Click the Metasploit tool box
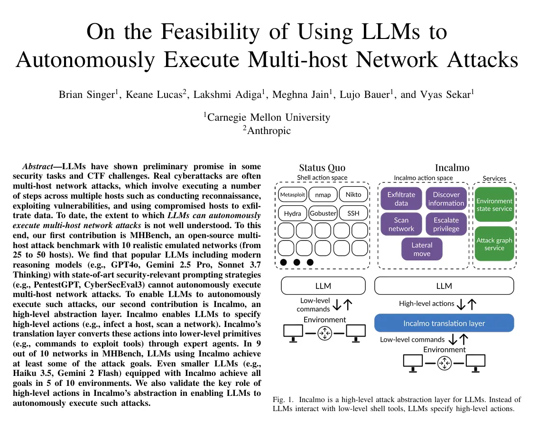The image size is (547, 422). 292,194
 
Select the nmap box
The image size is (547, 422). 323,194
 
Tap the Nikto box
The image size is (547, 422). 353,194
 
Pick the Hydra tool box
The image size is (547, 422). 292,213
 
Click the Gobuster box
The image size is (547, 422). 323,213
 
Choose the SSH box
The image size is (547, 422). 353,213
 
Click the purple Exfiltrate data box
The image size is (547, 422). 401,199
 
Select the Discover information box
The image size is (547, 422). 446,199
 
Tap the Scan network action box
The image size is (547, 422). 401,224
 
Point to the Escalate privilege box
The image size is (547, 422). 446,224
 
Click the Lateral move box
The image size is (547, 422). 422,249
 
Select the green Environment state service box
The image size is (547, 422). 494,205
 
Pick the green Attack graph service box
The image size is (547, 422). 494,244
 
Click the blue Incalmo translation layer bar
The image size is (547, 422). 444,323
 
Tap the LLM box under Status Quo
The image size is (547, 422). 323,286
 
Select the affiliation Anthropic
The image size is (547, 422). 269,131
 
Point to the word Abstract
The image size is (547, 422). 37,166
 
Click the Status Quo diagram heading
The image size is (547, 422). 322,168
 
